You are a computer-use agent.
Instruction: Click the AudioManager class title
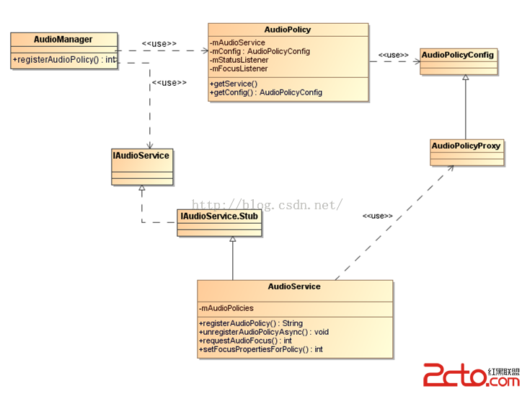pos(63,39)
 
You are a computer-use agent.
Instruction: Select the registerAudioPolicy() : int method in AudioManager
pos(63,59)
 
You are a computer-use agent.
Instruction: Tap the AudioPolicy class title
pos(288,30)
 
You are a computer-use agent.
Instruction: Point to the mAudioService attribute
pos(238,43)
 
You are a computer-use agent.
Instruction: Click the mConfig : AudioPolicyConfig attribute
pos(260,52)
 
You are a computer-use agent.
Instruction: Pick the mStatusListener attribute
pos(239,61)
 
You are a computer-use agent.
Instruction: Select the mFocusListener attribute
pos(239,69)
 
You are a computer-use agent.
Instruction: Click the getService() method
pos(234,84)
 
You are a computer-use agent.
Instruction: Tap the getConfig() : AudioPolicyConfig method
pos(266,92)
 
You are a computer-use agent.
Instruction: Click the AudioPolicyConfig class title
pos(458,55)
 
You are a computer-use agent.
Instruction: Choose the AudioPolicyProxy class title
pos(466,146)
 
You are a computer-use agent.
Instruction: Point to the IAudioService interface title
pos(141,155)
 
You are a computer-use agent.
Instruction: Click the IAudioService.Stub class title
pos(219,216)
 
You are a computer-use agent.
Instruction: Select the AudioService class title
pos(294,286)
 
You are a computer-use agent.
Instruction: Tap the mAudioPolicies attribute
pos(226,308)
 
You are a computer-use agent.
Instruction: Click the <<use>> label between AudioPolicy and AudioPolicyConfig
pos(394,55)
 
